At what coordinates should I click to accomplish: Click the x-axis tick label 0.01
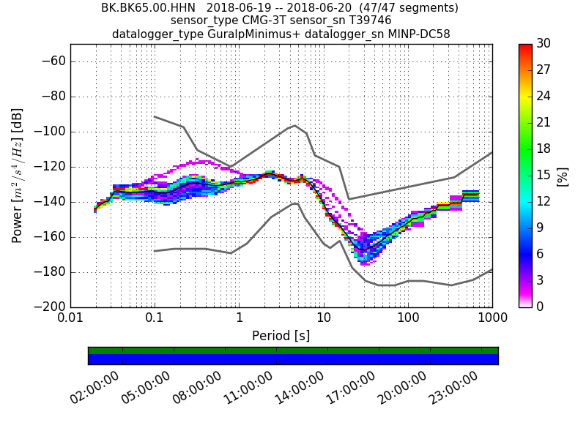pos(70,320)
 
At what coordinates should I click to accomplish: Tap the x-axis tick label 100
pos(408,320)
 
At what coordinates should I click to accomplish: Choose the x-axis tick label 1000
pos(492,320)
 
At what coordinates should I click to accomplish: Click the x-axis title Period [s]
pos(281,336)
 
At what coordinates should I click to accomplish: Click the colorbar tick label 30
pos(543,44)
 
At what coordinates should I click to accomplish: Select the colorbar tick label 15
pos(543,175)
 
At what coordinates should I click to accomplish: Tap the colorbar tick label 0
pos(539,306)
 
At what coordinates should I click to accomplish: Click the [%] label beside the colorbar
pos(563,176)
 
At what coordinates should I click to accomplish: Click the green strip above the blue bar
pos(293,350)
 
